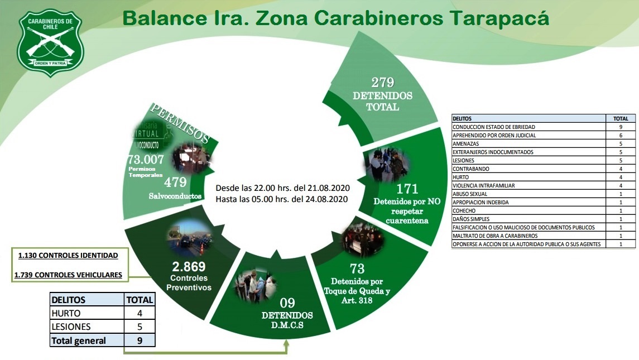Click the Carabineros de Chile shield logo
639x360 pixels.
pos(50,42)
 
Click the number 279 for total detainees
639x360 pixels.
pos(382,83)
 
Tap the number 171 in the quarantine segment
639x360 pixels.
pos(407,189)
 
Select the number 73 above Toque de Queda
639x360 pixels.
pos(357,268)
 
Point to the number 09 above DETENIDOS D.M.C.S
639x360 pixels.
pos(287,304)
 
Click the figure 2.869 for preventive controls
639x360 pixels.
pos(189,266)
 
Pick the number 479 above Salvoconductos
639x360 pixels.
pos(175,183)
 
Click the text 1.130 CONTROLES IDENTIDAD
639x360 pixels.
pos(68,256)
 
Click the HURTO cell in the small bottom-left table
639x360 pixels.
pos(66,313)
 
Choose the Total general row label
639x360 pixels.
pos(79,340)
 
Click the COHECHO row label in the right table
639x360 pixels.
pos(464,210)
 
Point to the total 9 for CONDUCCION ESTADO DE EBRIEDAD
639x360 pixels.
pos(620,127)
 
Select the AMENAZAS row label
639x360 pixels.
pos(467,143)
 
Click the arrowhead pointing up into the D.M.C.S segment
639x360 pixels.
pos(286,344)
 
